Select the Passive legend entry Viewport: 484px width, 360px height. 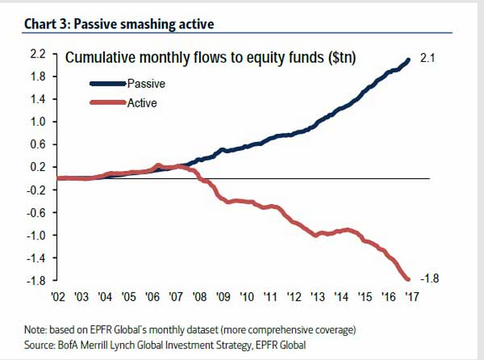coord(146,84)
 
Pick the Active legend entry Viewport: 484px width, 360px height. coord(142,103)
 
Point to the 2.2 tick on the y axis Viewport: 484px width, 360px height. coord(39,54)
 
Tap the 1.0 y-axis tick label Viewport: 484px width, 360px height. coord(39,121)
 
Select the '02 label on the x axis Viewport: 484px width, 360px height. coord(58,297)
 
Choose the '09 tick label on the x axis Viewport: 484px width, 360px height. coord(222,297)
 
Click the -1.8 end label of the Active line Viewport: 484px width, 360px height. coord(429,278)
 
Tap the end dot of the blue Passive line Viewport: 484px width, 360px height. coord(408,60)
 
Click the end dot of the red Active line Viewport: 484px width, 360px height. coord(407,279)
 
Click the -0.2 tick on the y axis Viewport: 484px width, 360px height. coord(37,190)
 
